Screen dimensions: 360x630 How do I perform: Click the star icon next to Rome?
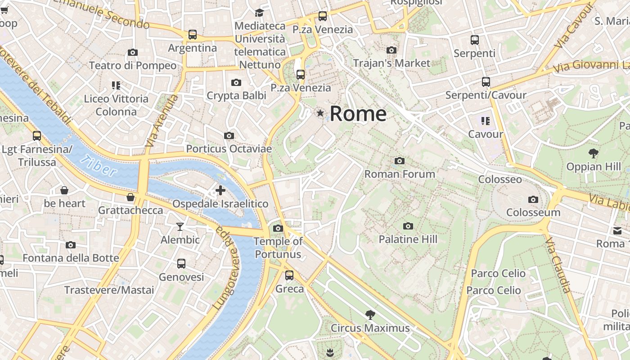click(320, 113)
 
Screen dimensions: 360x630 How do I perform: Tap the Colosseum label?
click(533, 212)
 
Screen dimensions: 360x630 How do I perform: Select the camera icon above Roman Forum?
click(399, 161)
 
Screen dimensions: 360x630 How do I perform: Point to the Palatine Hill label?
click(408, 239)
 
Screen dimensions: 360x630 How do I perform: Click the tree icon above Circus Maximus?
click(370, 315)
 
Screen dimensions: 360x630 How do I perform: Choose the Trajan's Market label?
click(391, 63)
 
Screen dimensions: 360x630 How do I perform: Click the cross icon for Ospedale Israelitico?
click(220, 190)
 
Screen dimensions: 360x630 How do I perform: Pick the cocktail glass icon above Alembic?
click(180, 226)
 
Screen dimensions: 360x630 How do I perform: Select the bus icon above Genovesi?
click(181, 264)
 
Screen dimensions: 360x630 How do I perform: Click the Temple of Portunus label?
click(278, 247)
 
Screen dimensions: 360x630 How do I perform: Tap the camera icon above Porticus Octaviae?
click(229, 135)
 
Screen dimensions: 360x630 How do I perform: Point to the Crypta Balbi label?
click(236, 95)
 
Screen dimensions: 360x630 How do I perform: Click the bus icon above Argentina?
click(193, 35)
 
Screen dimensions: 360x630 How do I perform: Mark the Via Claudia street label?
click(558, 265)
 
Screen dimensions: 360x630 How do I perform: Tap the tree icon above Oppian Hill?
click(594, 153)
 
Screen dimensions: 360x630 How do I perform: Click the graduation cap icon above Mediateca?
click(260, 13)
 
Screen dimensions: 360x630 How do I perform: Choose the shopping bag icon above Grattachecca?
click(130, 197)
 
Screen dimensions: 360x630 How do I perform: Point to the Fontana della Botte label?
click(71, 258)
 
